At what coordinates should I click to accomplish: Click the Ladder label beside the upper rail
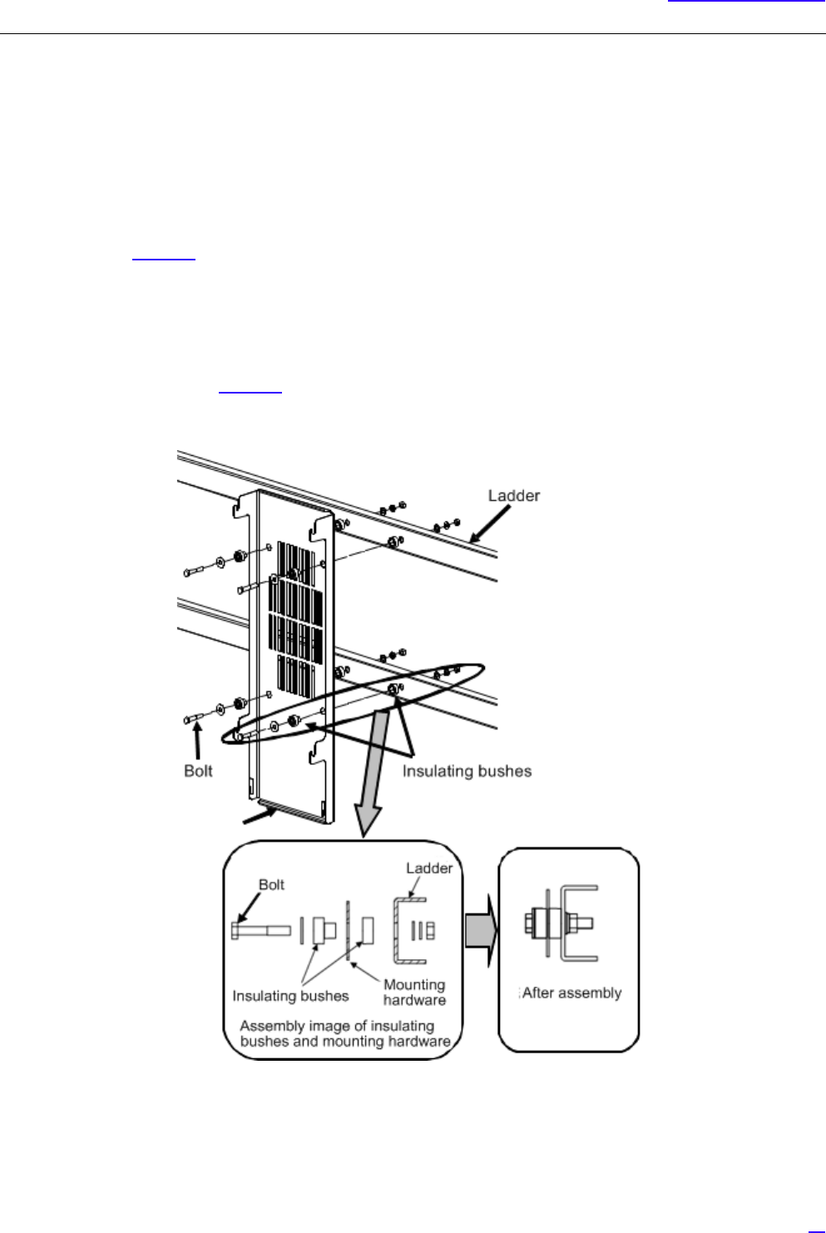(513, 496)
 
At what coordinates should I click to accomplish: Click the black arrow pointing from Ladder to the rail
(486, 525)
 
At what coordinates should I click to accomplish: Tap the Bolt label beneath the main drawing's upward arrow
(198, 771)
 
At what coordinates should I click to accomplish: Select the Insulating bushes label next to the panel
(467, 771)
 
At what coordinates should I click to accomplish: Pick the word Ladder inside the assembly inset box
(428, 869)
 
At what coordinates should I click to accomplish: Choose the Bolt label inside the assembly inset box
(271, 885)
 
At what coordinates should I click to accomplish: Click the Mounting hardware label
(414, 993)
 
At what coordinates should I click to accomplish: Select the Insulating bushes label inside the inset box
(290, 996)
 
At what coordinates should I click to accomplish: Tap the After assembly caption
(571, 993)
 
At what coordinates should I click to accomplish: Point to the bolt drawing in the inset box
(260, 931)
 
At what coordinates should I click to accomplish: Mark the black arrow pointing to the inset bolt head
(247, 907)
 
